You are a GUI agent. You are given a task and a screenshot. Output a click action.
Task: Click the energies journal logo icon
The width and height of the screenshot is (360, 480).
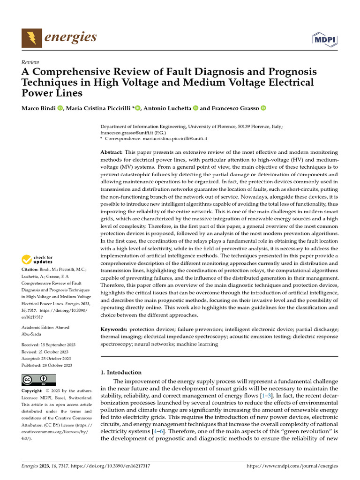point(30,37)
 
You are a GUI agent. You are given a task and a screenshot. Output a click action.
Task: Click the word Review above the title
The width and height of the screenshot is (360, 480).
point(30,62)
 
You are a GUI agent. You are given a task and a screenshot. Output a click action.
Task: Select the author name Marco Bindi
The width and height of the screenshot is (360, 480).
point(39,108)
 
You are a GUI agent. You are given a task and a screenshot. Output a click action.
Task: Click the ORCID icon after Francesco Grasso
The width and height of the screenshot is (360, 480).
point(263,108)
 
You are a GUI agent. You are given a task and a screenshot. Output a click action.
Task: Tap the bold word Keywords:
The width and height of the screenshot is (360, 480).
point(114,330)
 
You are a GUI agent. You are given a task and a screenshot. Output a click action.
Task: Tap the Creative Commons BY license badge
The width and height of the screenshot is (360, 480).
point(38,379)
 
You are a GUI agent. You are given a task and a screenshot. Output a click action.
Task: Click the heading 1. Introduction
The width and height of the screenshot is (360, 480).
point(121,372)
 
